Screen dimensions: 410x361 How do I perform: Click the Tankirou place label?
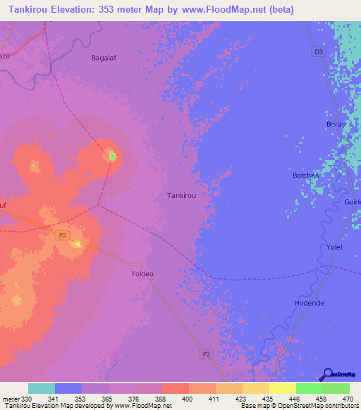click(181, 197)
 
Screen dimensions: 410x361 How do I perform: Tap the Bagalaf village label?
click(106, 58)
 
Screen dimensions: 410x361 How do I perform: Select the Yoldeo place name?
click(142, 273)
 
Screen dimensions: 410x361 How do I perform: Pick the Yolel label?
click(334, 247)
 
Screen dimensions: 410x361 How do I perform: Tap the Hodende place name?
click(309, 303)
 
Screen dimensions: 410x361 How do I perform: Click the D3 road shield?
click(317, 51)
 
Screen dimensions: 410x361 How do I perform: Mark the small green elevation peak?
click(111, 156)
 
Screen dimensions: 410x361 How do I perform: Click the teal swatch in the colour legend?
click(42, 388)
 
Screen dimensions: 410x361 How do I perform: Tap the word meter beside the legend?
click(10, 399)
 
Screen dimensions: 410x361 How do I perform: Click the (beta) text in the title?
click(278, 10)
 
